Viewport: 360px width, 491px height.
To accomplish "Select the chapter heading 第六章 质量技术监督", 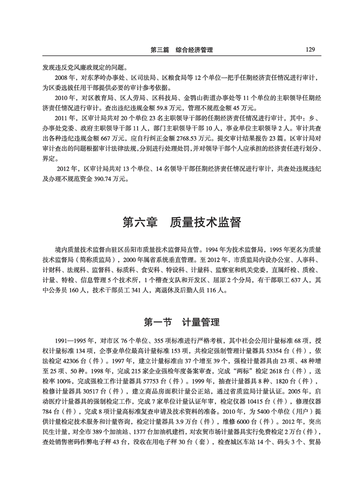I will (181, 222).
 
